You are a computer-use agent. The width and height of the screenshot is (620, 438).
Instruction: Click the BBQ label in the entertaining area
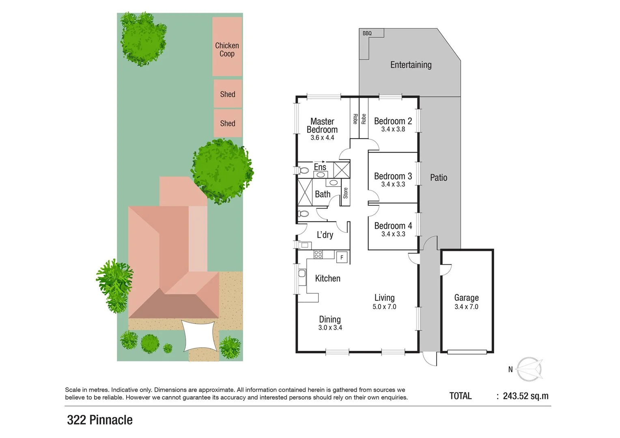tap(367, 33)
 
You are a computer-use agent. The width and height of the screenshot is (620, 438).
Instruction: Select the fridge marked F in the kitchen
tap(342, 257)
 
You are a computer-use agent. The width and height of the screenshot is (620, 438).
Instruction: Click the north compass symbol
tap(529, 369)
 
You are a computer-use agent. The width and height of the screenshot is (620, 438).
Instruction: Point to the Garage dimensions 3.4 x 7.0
tap(466, 307)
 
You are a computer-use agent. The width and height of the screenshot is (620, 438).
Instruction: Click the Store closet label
tap(345, 193)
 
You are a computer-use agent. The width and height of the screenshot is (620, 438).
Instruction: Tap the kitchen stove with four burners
tap(318, 255)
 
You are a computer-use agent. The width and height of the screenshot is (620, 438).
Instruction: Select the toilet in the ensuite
tap(303, 170)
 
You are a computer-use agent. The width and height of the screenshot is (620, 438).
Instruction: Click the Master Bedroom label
tap(322, 125)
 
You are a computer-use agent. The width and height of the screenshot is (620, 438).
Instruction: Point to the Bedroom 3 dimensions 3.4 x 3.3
tap(393, 185)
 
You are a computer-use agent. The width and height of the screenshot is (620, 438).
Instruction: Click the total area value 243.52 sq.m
tap(525, 396)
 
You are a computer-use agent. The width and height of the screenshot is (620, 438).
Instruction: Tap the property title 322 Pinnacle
tap(100, 420)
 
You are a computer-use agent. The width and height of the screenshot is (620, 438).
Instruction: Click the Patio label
tap(439, 178)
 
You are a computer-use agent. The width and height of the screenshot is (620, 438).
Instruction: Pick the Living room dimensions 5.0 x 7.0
tap(384, 307)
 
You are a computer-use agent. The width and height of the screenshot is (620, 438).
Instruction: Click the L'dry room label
tap(325, 235)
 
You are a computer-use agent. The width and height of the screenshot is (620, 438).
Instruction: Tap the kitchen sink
tap(302, 276)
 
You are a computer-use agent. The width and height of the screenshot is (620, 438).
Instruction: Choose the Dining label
tap(329, 320)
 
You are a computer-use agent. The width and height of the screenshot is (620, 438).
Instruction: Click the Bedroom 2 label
tap(393, 121)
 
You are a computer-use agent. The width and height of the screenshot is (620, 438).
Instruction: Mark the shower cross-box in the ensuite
tap(341, 170)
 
